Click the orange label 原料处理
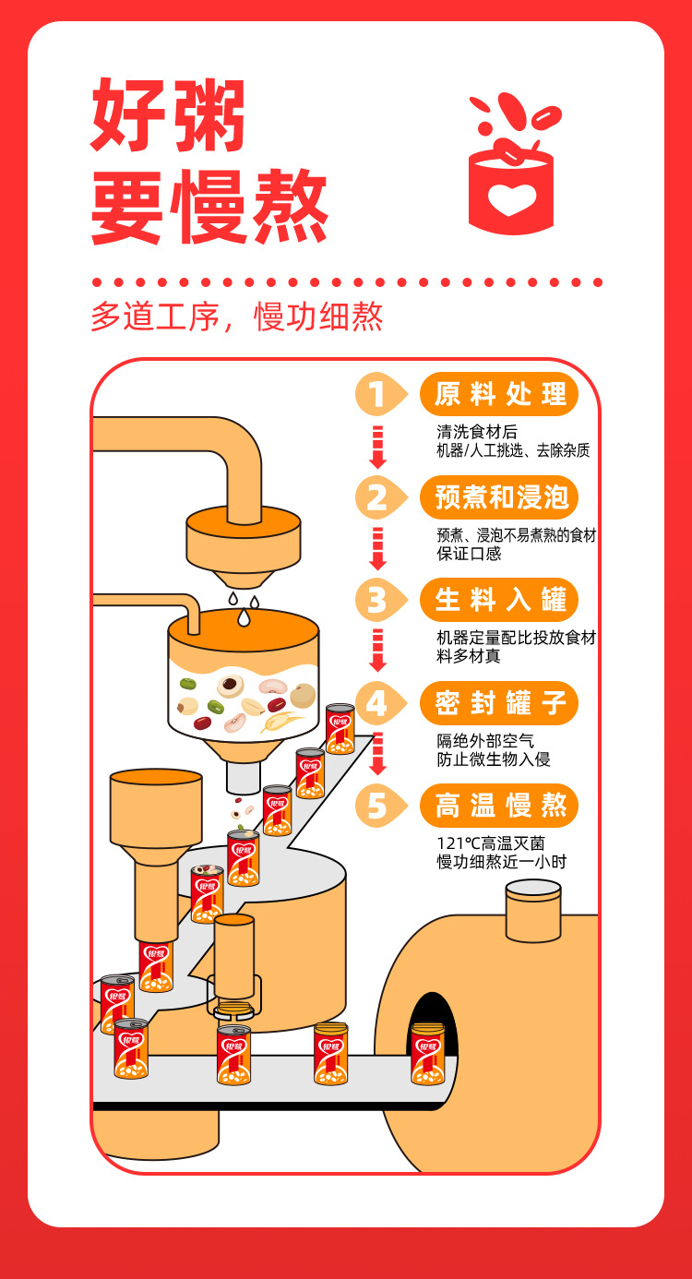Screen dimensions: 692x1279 click(x=499, y=394)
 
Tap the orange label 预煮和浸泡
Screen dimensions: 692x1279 click(x=499, y=496)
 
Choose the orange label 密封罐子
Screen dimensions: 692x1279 click(x=499, y=703)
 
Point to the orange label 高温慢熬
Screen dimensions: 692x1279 click(x=499, y=806)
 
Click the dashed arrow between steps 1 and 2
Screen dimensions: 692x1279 click(x=377, y=447)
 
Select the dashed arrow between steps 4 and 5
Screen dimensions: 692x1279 click(x=377, y=754)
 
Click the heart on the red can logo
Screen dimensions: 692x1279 click(x=511, y=199)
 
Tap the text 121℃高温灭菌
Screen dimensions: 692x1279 click(x=491, y=843)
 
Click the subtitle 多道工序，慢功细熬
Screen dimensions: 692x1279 click(x=237, y=316)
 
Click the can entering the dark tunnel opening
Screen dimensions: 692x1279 click(x=427, y=1054)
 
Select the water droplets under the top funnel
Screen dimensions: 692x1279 click(x=244, y=609)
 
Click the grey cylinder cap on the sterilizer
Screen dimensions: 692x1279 click(x=534, y=910)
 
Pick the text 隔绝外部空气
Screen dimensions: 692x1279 click(x=485, y=741)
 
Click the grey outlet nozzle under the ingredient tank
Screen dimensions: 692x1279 click(x=244, y=777)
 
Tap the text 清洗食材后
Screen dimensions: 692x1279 click(x=477, y=432)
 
